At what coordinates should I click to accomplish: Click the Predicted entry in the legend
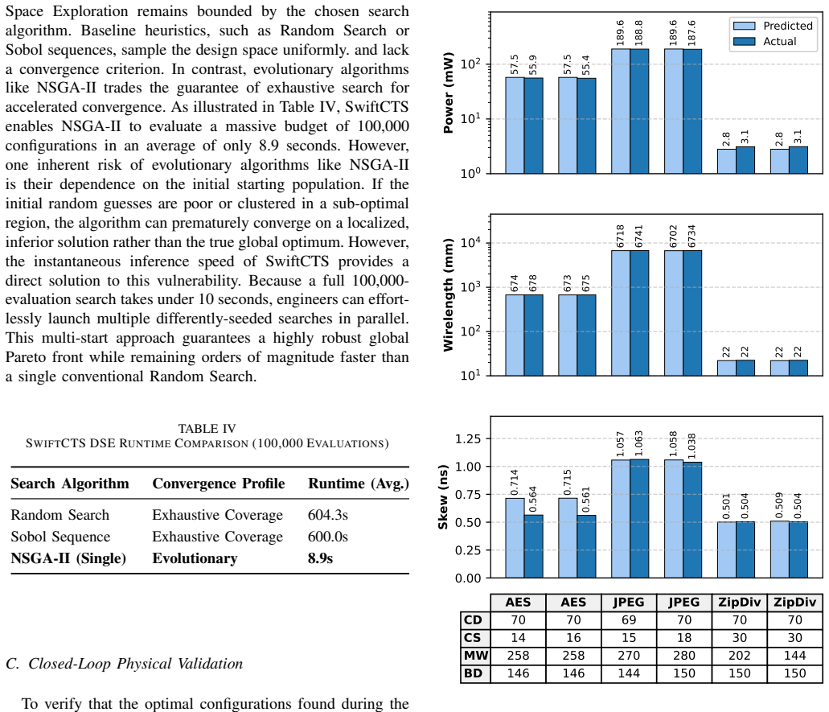pos(773,26)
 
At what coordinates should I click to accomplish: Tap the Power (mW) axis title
pos(449,93)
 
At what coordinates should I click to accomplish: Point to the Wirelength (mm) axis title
pos(449,294)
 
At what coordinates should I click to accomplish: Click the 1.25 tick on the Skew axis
pos(468,439)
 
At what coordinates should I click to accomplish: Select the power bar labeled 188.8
pos(639,111)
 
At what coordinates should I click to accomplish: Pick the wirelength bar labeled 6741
pos(639,313)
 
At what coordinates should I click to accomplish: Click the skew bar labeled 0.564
pos(533,546)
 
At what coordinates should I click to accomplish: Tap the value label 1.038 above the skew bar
pos(692,446)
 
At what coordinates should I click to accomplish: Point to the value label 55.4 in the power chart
pos(586,64)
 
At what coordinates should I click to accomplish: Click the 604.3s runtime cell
pos(328,515)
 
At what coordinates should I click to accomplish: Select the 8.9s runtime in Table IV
pos(320,558)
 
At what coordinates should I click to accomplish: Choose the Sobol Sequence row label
pos(60,537)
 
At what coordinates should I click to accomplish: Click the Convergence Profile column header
pos(219,484)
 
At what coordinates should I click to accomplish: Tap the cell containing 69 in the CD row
pos(629,620)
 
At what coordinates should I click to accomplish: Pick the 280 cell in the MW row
pos(684,656)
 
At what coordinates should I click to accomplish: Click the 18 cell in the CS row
pos(684,638)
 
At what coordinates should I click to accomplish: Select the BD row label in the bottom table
pos(473,673)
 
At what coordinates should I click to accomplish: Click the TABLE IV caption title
pos(207,429)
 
